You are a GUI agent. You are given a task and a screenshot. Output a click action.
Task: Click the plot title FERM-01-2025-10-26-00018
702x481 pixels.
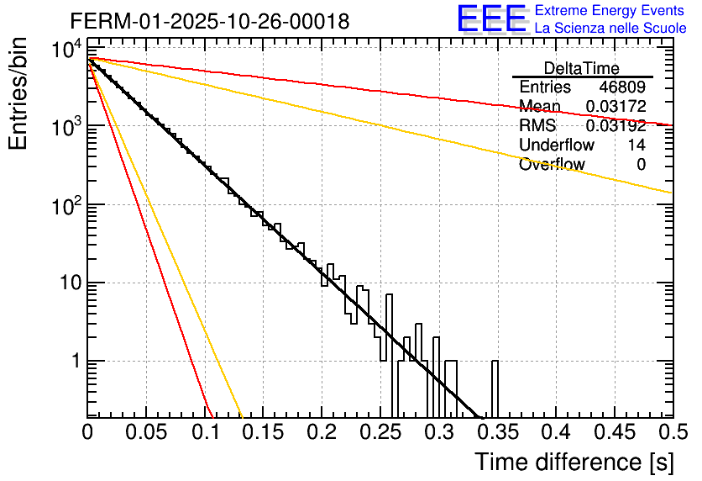click(x=210, y=21)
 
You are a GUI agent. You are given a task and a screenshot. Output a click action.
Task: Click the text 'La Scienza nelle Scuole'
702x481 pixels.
click(x=610, y=29)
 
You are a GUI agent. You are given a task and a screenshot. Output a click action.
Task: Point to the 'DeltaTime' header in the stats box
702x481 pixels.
click(x=582, y=68)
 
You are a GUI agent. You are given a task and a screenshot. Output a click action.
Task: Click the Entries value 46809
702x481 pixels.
click(x=622, y=87)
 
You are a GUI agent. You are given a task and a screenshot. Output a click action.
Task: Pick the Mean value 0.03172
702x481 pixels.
click(x=616, y=107)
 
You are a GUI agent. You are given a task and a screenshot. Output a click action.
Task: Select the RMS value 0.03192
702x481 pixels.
click(x=616, y=126)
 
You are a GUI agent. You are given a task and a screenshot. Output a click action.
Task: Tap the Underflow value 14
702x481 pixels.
click(x=637, y=145)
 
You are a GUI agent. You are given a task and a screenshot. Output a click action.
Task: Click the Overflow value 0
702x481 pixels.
click(x=641, y=165)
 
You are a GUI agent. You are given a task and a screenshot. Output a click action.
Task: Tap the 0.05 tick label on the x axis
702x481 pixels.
click(x=146, y=432)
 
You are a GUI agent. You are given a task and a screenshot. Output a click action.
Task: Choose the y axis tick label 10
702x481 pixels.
click(x=66, y=283)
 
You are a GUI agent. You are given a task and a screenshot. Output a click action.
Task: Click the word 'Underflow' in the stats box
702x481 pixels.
click(x=557, y=145)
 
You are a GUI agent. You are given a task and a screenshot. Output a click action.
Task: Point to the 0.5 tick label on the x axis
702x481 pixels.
click(x=672, y=432)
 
